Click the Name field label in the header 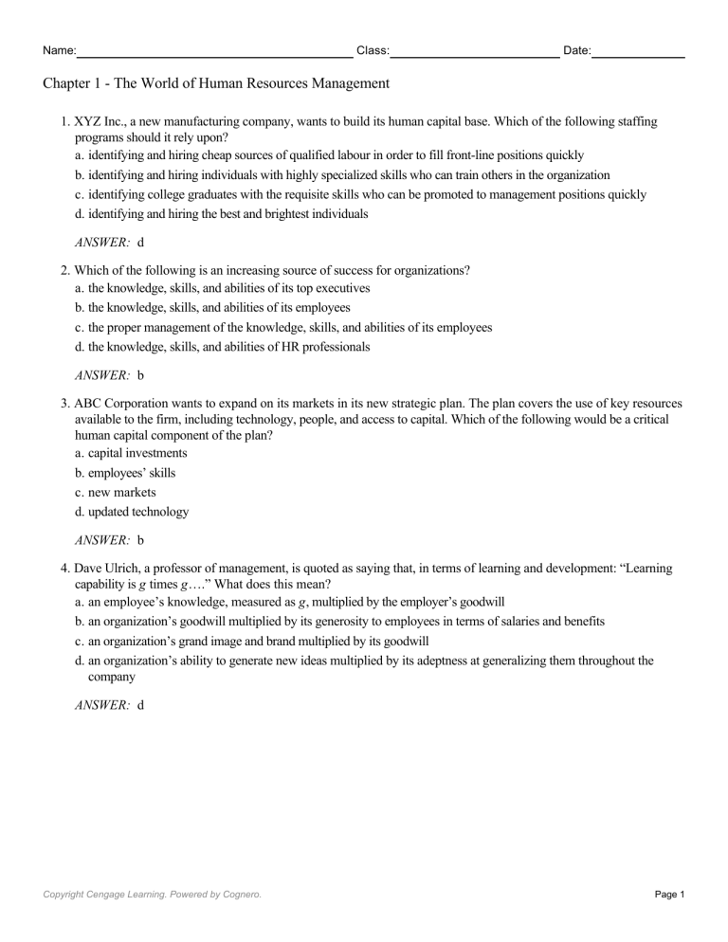60,49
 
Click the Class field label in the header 373,49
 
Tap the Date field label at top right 576,49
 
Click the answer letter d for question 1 141,243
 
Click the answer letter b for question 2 141,375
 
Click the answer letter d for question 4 141,705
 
